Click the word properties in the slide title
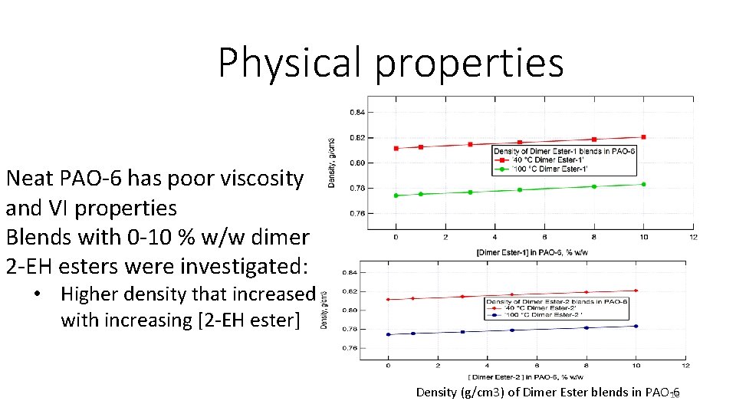click(469, 64)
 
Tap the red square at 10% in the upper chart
click(644, 137)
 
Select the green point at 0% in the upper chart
click(396, 195)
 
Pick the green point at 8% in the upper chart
click(594, 186)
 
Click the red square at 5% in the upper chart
click(520, 143)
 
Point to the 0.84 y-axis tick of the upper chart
click(357, 112)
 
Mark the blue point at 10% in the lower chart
click(636, 326)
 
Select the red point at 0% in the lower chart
click(388, 300)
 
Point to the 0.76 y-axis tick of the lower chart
click(349, 348)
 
